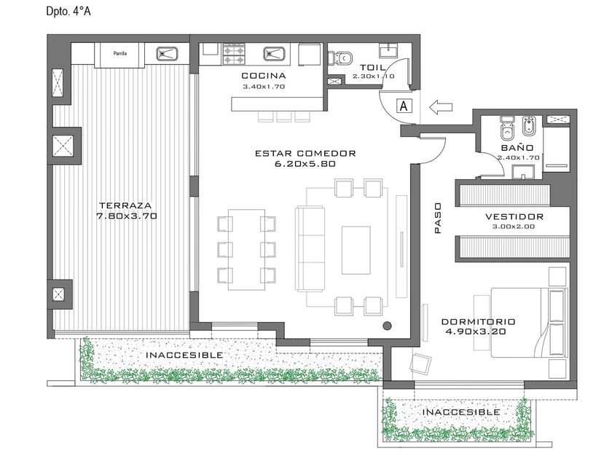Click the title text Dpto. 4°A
click(x=68, y=12)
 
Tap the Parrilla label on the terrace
click(x=119, y=53)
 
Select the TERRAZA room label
click(x=125, y=205)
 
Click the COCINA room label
click(x=264, y=76)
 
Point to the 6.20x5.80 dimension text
click(x=305, y=164)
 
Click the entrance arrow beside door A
click(x=441, y=106)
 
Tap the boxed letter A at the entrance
click(x=404, y=106)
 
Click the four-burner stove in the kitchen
click(x=234, y=54)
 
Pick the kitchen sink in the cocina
click(x=275, y=54)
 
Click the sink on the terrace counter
click(x=167, y=54)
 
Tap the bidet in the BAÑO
click(x=529, y=125)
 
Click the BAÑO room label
click(x=517, y=148)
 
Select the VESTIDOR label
click(x=514, y=216)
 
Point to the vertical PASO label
click(x=438, y=218)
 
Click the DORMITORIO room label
click(x=478, y=322)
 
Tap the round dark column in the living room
click(x=387, y=325)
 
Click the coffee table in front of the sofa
click(x=356, y=250)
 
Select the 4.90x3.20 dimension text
click(x=475, y=331)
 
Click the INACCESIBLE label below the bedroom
click(x=461, y=412)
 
